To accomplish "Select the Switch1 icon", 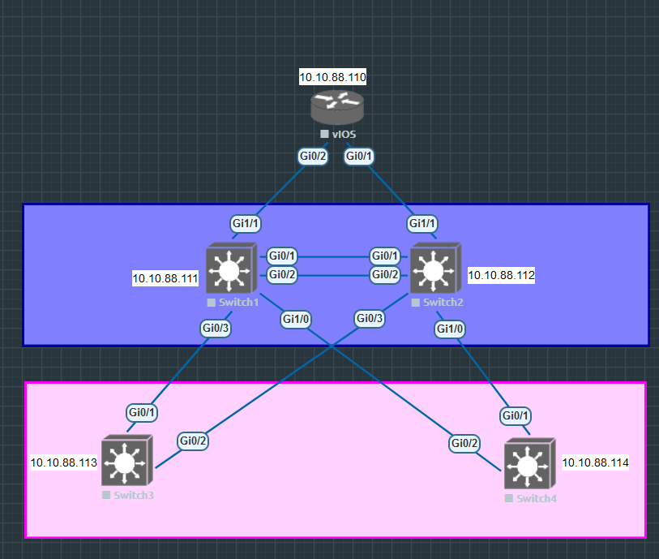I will (x=230, y=269).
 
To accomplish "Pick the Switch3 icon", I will (x=126, y=462).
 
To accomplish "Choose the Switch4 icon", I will (x=528, y=465).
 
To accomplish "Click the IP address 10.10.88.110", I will (x=333, y=78).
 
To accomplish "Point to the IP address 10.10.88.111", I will (x=165, y=278).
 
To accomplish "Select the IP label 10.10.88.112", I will (x=501, y=275).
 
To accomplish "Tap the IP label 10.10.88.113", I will (x=64, y=462).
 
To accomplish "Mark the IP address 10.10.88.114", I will (x=596, y=462).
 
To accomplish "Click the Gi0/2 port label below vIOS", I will (x=313, y=156).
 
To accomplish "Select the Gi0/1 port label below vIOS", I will (x=359, y=156).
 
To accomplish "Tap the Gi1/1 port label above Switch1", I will (x=246, y=223).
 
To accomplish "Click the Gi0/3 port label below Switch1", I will (x=216, y=329).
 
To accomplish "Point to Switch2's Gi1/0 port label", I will (x=450, y=329).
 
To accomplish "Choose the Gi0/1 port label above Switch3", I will (x=142, y=412).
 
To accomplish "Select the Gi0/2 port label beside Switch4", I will (x=464, y=443).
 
